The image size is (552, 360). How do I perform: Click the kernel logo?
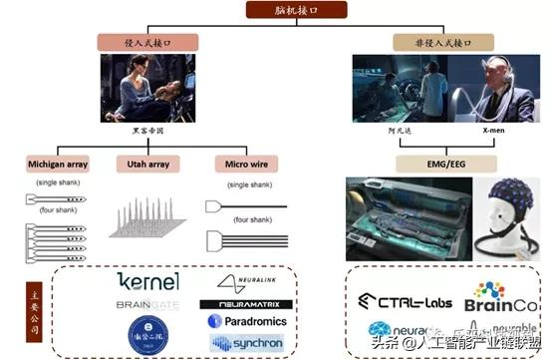tap(147, 281)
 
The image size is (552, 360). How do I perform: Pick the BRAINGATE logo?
tap(147, 305)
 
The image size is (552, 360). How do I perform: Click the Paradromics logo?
tap(246, 321)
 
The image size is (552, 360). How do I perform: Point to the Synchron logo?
tap(246, 342)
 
